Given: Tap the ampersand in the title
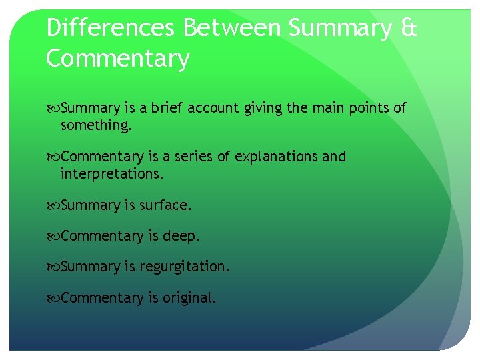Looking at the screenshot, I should click(409, 29).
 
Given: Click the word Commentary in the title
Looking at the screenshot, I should click(118, 59).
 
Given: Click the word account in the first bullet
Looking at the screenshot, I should click(212, 108).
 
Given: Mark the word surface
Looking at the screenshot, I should click(165, 205).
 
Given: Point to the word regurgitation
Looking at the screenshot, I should click(185, 267).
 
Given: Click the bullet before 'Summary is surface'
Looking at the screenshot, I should click(53, 206).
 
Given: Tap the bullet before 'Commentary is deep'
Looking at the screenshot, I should click(53, 237).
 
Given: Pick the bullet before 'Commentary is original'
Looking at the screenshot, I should click(53, 298).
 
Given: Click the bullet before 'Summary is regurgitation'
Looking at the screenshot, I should click(53, 267).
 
